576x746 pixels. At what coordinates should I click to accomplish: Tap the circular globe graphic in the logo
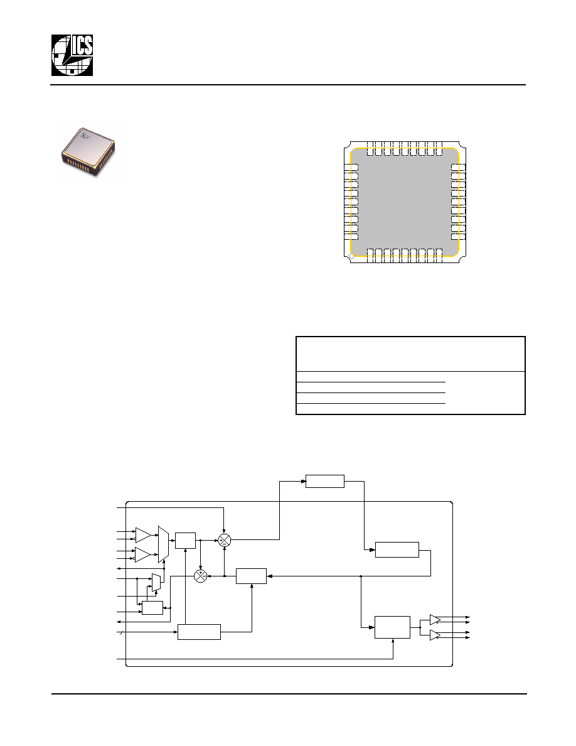coord(72,56)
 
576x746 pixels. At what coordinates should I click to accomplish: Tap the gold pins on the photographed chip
coord(84,165)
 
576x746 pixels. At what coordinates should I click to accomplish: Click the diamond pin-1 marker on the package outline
coord(351,256)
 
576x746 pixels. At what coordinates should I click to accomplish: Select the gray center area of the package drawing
coord(405,202)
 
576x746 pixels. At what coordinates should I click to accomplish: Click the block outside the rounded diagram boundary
coord(324,481)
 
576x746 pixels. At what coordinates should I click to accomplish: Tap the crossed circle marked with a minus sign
coord(225,540)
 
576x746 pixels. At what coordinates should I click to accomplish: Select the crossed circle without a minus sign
coord(201,576)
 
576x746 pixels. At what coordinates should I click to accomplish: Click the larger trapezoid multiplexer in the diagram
coord(163,544)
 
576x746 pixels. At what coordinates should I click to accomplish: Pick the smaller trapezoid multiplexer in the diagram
coord(156,582)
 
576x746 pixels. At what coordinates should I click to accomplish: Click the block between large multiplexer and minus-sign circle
coord(185,540)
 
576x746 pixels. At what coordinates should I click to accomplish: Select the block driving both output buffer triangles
coord(392,627)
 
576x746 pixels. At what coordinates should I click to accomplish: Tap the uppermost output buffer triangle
coord(435,619)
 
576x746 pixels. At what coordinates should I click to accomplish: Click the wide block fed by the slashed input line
coord(199,632)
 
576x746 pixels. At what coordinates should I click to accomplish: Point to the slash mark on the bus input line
coord(122,632)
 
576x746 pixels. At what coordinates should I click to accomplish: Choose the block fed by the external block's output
coord(397,549)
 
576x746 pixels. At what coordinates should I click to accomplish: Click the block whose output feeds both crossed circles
coord(252,576)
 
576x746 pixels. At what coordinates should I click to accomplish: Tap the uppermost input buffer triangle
coord(143,535)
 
